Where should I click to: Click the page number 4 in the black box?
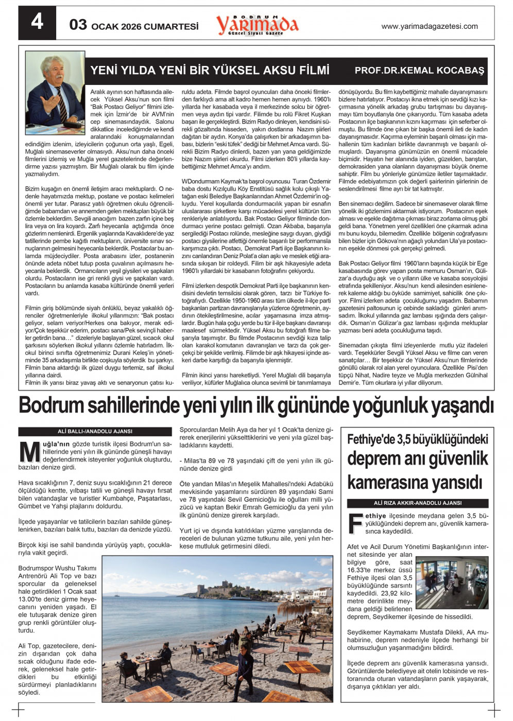(37, 23)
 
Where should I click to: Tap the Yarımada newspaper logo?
(257, 24)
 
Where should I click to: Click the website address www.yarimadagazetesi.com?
(429, 26)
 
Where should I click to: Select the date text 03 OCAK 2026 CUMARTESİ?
(134, 25)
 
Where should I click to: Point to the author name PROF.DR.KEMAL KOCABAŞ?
(419, 70)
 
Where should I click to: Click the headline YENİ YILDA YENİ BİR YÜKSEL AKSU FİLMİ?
(210, 70)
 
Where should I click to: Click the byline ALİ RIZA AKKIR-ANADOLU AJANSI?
(418, 503)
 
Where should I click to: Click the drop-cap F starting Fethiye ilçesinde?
(355, 523)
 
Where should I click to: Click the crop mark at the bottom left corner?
(19, 710)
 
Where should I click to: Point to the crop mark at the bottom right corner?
(493, 710)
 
